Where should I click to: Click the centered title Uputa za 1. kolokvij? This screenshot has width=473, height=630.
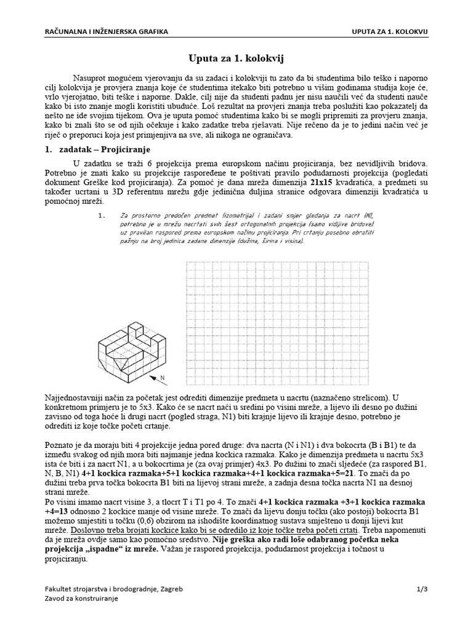coord(236,58)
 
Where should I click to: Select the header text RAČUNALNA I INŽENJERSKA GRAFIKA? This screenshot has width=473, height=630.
coord(106,31)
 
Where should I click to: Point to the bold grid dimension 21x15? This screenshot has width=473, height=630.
coord(325,184)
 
